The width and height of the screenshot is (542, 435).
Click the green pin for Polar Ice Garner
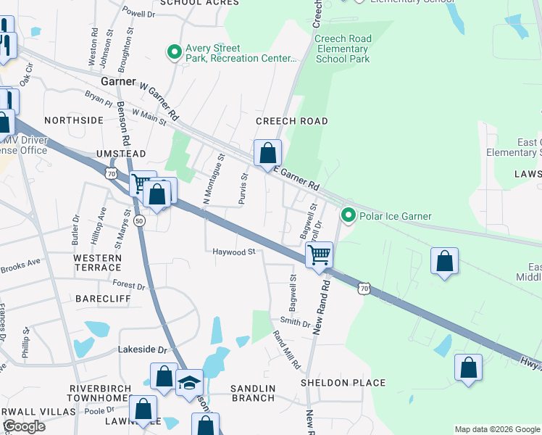tap(349, 216)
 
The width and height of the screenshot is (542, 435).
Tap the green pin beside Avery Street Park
tap(174, 53)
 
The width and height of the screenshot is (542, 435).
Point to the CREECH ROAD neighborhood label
tap(292, 121)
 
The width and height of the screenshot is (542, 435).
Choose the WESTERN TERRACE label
tap(97, 264)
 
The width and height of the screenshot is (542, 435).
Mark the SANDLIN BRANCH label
tap(253, 394)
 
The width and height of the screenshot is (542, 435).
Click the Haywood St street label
tap(234, 252)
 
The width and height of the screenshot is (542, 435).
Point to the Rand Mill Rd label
tap(286, 349)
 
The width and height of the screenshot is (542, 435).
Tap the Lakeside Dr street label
tap(142, 349)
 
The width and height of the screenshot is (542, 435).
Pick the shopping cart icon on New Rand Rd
tap(319, 255)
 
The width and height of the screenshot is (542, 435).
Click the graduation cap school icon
tap(189, 382)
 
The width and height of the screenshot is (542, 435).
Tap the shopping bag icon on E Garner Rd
tap(267, 154)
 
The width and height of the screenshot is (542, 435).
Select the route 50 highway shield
tap(139, 220)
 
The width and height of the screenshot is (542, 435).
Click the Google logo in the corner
tap(24, 426)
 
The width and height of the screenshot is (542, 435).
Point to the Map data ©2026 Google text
tap(496, 429)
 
